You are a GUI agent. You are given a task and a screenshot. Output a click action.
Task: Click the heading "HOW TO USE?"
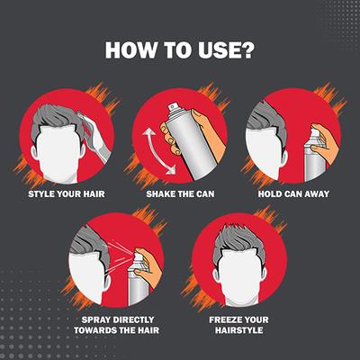click(180, 49)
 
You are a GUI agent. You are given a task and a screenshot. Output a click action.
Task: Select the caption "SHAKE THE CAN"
click(180, 193)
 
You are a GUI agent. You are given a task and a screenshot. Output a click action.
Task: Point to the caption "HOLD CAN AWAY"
click(294, 193)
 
